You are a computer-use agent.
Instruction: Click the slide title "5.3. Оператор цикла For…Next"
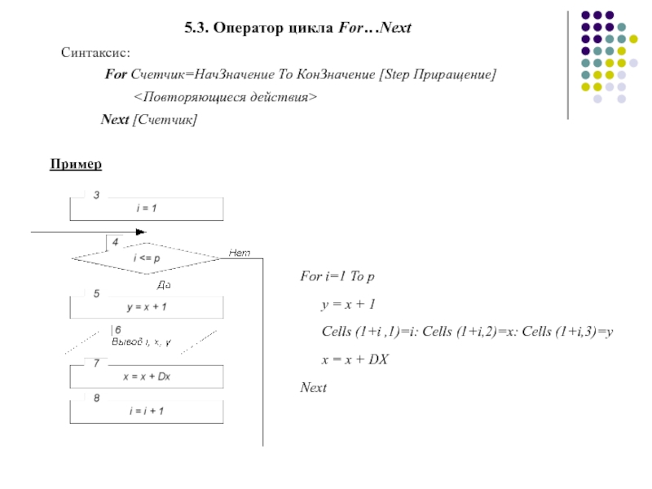pyautogui.click(x=297, y=29)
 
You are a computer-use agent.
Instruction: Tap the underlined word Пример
pyautogui.click(x=76, y=165)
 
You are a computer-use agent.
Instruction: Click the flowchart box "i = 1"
pyautogui.click(x=146, y=209)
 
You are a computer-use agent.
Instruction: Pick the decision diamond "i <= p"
pyautogui.click(x=146, y=258)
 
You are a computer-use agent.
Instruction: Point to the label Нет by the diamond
pyautogui.click(x=239, y=253)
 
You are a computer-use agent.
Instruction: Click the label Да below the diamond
pyautogui.click(x=162, y=285)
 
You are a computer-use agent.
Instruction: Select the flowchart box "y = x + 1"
pyautogui.click(x=146, y=307)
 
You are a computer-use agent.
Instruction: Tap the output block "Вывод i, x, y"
pyautogui.click(x=140, y=341)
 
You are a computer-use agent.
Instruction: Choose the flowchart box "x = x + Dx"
pyautogui.click(x=146, y=377)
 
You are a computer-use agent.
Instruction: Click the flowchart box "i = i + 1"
pyautogui.click(x=146, y=411)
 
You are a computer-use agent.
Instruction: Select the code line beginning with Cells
pyautogui.click(x=467, y=332)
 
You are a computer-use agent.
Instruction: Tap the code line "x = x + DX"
pyautogui.click(x=354, y=359)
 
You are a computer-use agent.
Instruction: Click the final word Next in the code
pyautogui.click(x=314, y=387)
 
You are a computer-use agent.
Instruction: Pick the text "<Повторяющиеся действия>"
pyautogui.click(x=225, y=97)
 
